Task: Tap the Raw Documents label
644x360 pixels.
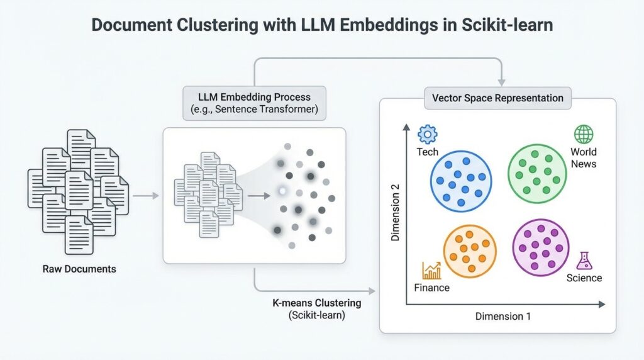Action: click(x=79, y=269)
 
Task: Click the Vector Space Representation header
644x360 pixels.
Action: click(x=497, y=98)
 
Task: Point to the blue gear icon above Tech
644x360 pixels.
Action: click(x=428, y=134)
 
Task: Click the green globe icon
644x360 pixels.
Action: click(x=584, y=134)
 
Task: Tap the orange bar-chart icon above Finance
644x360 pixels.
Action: click(x=431, y=271)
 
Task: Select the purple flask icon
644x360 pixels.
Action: click(x=584, y=260)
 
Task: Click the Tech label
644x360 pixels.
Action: click(x=428, y=152)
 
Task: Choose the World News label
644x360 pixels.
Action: click(x=584, y=157)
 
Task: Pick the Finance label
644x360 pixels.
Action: click(x=432, y=288)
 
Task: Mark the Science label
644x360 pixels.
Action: click(x=584, y=278)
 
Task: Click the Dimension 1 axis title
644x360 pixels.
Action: click(x=503, y=316)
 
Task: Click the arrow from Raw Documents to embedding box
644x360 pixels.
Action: click(x=145, y=196)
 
